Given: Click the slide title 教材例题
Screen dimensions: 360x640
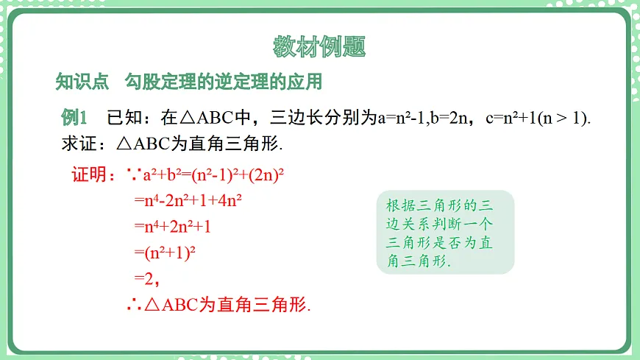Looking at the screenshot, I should (319, 47).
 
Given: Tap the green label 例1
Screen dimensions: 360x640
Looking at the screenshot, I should (74, 117).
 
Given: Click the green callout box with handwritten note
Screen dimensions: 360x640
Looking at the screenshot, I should (445, 232).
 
